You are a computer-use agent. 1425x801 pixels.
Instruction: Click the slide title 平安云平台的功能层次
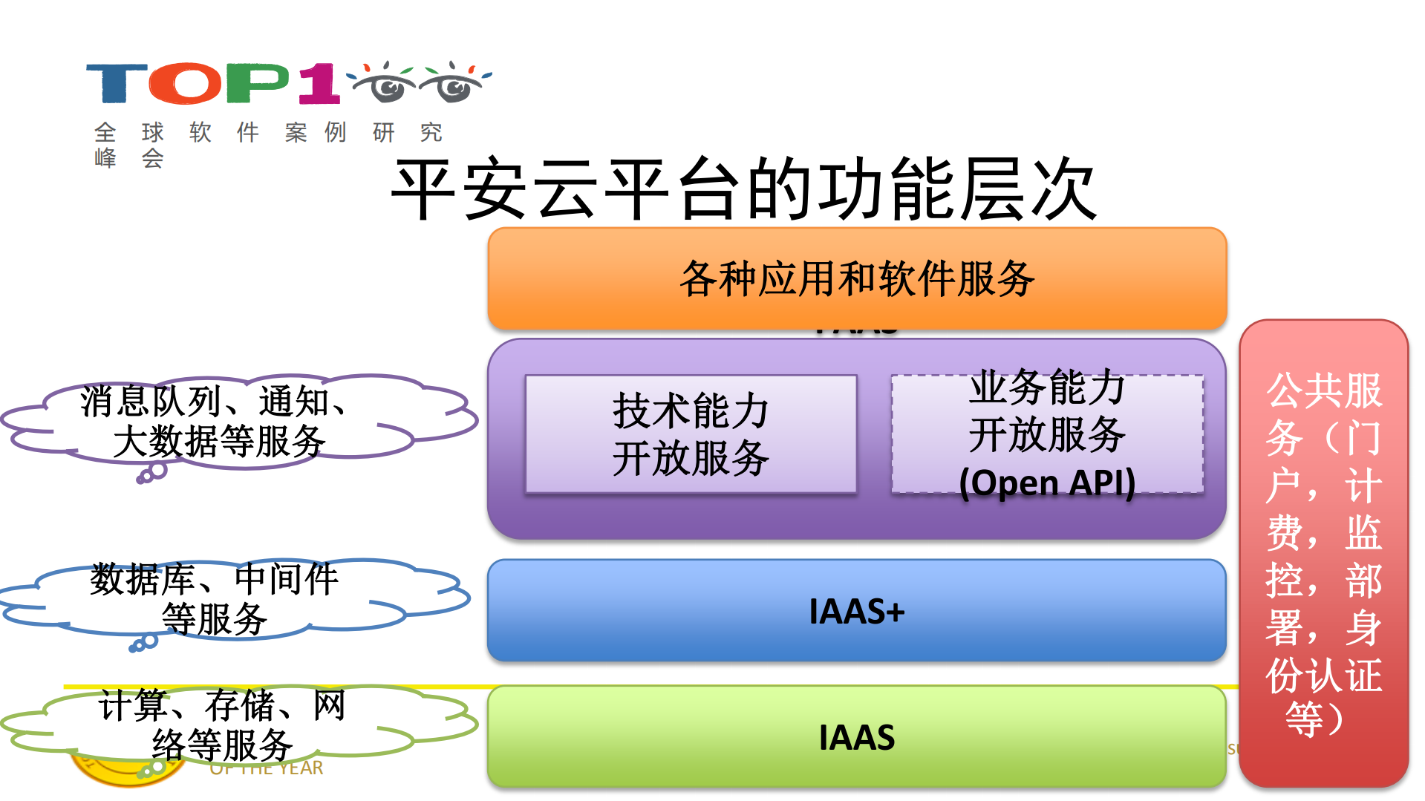743,189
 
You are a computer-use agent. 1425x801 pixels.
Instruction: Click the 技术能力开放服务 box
691,434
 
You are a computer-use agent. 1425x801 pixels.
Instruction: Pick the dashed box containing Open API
1047,434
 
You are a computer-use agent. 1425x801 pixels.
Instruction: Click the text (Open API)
1047,483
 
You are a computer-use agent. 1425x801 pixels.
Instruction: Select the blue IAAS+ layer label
856,612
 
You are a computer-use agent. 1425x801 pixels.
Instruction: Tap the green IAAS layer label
856,737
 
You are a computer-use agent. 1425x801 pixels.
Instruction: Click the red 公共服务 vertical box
1323,553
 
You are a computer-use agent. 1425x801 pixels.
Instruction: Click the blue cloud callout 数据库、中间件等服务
223,598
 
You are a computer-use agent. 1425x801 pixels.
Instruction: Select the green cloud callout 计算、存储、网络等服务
223,725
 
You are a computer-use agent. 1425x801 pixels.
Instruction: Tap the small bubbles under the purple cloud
152,474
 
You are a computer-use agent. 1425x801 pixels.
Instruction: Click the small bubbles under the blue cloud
144,643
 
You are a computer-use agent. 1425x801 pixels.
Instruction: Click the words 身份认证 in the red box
1323,653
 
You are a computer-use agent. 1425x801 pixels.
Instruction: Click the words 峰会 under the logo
128,158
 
